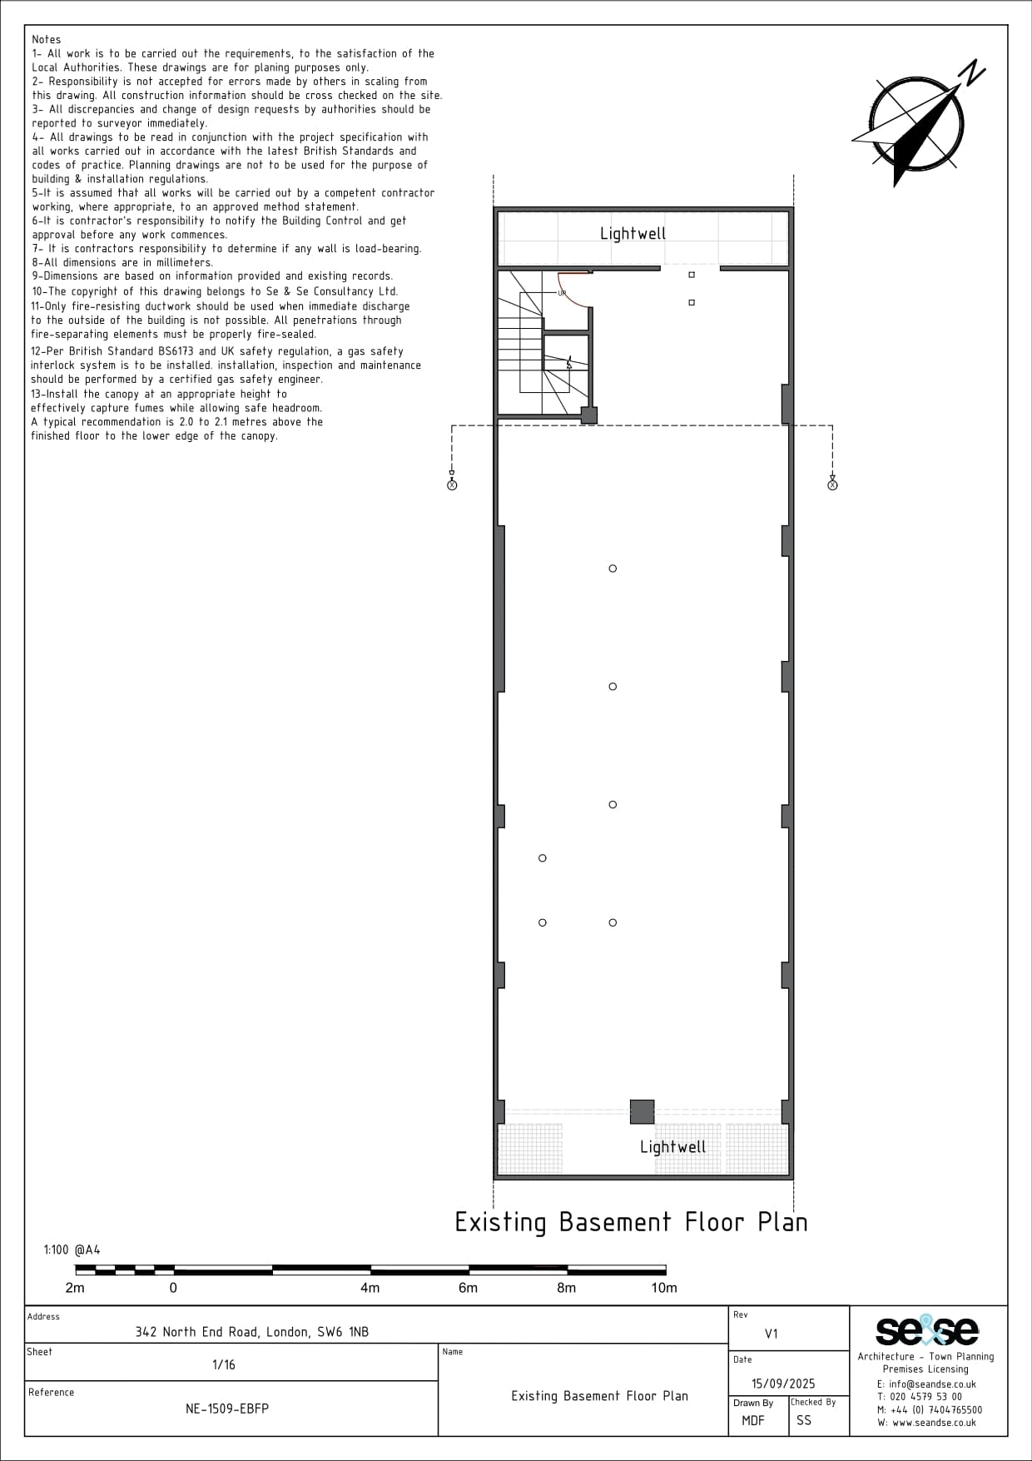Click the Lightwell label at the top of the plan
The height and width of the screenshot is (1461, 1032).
point(633,234)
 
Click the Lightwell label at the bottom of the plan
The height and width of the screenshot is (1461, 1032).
point(672,1147)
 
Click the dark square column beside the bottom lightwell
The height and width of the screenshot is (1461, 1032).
point(642,1111)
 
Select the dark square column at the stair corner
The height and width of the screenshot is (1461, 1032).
point(588,415)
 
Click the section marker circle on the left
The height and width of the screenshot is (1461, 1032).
point(452,485)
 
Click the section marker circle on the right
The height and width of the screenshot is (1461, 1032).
point(832,485)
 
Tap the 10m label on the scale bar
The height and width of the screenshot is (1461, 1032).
point(663,1288)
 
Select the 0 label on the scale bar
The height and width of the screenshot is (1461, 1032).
point(173,1288)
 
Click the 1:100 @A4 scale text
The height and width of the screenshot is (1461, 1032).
point(72,1250)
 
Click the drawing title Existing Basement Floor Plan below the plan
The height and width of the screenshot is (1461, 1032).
point(631,1222)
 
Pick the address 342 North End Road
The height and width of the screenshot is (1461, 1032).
point(252,1332)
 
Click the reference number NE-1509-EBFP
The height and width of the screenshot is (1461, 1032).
point(227,1409)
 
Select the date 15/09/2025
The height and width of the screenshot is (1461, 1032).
point(783,1384)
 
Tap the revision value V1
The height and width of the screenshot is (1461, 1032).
point(772,1334)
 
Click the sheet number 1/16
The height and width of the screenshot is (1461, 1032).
point(224,1364)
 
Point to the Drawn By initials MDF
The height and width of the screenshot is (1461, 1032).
point(753,1420)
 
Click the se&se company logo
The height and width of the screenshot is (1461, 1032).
point(926,1330)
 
